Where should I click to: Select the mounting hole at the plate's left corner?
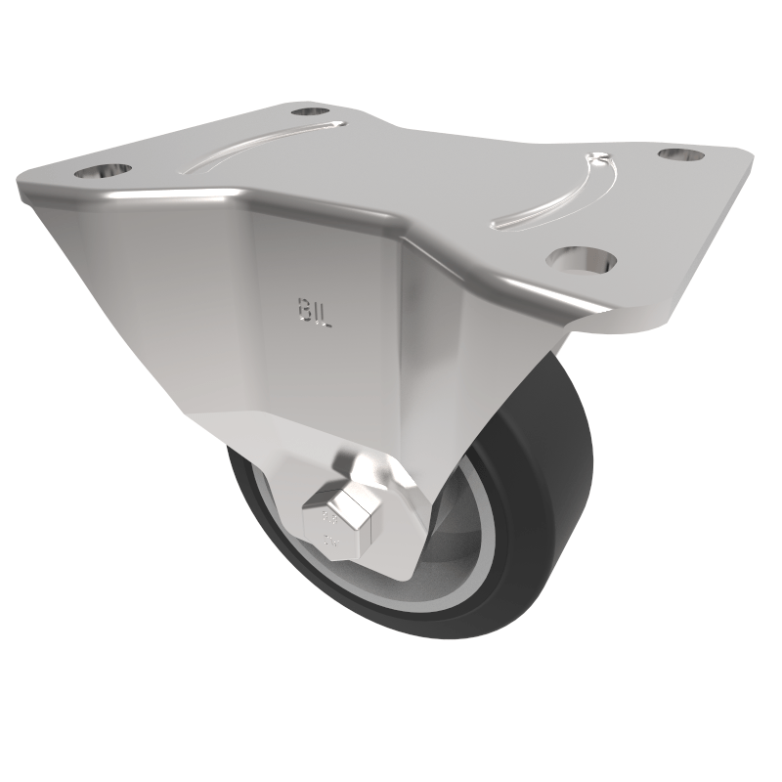[101, 171]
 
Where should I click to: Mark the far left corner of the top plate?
[22, 181]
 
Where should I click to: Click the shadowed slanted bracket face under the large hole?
[508, 332]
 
